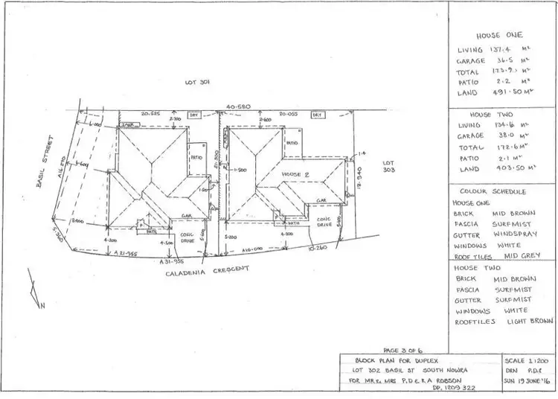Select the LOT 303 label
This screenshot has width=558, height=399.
pyautogui.click(x=387, y=166)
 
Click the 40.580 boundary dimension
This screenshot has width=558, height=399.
pyautogui.click(x=238, y=106)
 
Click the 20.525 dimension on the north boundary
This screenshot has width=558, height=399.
pyautogui.click(x=152, y=114)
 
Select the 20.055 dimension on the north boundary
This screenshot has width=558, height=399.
pyautogui.click(x=289, y=114)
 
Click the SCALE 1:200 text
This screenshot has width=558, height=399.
pyautogui.click(x=528, y=360)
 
